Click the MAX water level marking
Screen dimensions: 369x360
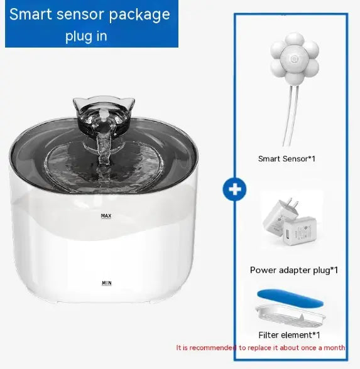click(106, 216)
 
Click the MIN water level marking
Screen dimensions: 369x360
click(106, 283)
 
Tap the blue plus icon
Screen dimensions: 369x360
click(234, 188)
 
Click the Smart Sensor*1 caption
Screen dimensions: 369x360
click(286, 159)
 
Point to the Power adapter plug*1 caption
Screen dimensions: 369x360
click(294, 270)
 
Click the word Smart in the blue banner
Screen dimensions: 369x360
click(36, 14)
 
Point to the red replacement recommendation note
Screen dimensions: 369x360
click(260, 347)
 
